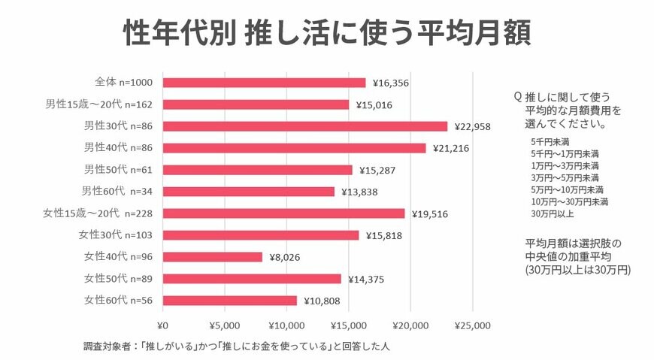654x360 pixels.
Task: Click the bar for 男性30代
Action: tap(304, 126)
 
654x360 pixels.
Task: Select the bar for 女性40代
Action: tap(212, 257)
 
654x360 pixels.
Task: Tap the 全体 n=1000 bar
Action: tap(264, 83)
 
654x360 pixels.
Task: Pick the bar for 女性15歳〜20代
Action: tap(283, 213)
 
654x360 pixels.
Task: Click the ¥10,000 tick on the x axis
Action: tap(286, 326)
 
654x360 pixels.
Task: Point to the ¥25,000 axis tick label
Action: tap(472, 326)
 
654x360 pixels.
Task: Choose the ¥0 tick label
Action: tap(162, 326)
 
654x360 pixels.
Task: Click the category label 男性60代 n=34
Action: tap(118, 192)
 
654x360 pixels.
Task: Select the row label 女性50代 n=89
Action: tap(118, 279)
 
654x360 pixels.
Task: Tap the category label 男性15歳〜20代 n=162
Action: tap(100, 104)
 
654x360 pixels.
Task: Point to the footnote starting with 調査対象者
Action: tap(236, 347)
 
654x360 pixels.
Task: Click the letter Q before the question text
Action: tap(517, 97)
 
